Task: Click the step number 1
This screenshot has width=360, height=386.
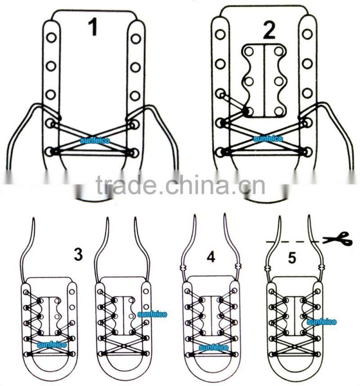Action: tap(93, 27)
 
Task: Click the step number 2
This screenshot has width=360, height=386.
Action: tap(269, 30)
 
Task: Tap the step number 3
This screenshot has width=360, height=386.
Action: tap(78, 255)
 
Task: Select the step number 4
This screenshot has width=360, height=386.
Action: tap(211, 257)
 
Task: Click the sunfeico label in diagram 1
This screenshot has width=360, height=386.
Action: tap(95, 141)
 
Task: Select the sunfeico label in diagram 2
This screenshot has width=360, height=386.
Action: tap(268, 139)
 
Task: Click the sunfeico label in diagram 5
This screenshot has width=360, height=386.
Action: tap(321, 322)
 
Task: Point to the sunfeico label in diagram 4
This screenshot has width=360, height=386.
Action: tap(213, 348)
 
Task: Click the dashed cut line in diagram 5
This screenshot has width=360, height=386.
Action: tap(292, 242)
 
